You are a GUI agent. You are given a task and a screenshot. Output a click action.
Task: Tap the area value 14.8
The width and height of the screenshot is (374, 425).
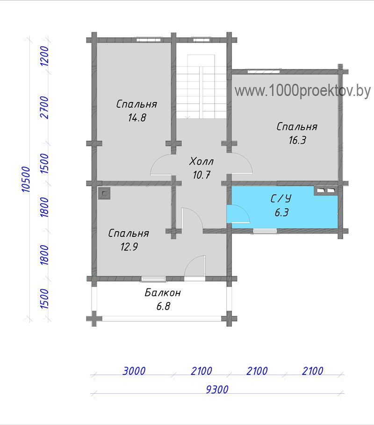point(137,117)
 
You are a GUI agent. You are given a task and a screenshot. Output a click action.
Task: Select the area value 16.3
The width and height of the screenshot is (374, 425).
point(297,140)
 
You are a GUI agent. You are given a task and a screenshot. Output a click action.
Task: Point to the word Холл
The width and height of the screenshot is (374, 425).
point(201,161)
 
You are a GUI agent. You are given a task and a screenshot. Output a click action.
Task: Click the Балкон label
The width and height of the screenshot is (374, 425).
point(163,293)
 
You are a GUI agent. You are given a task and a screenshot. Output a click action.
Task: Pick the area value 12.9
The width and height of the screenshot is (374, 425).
point(129,247)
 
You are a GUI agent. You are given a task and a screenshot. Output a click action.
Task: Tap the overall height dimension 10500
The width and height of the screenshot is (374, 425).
point(26,179)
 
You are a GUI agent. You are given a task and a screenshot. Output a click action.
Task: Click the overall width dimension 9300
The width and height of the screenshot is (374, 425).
point(217,389)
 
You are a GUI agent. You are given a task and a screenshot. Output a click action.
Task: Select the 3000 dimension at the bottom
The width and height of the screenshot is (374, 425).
point(134,371)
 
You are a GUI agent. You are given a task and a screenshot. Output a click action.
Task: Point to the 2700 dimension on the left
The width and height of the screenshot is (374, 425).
point(44,107)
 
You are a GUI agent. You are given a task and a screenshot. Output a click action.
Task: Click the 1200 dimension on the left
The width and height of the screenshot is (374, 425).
point(44,56)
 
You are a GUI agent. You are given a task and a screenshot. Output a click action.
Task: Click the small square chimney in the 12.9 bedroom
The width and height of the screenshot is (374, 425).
point(104,193)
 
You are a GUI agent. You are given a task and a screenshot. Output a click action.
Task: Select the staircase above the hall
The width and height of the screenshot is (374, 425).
point(201,86)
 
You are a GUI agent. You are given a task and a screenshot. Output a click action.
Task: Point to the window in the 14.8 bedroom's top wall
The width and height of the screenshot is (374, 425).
point(148,40)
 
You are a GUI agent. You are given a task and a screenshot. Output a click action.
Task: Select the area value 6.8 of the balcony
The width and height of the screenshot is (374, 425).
point(163,306)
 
